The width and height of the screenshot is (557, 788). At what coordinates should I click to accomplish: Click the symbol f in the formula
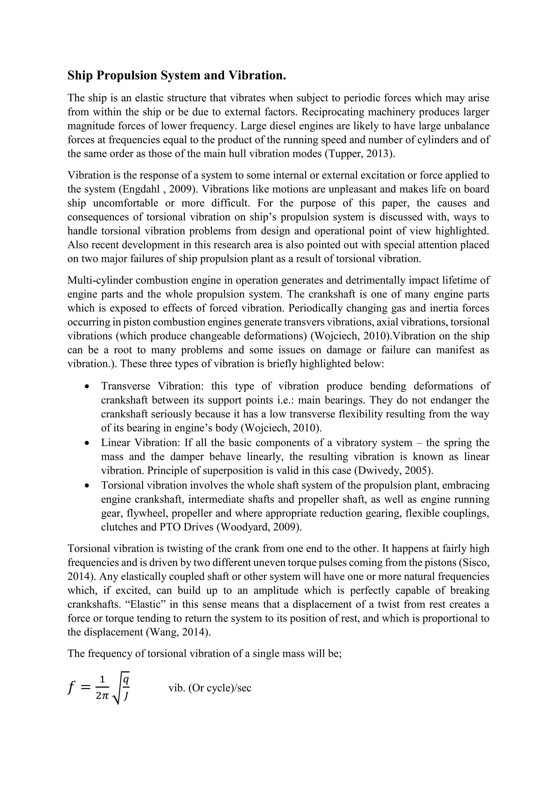pyautogui.click(x=71, y=688)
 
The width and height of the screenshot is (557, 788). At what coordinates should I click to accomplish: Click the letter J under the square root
pyautogui.click(x=126, y=696)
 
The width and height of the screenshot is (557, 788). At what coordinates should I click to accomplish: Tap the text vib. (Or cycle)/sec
pyautogui.click(x=210, y=688)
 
